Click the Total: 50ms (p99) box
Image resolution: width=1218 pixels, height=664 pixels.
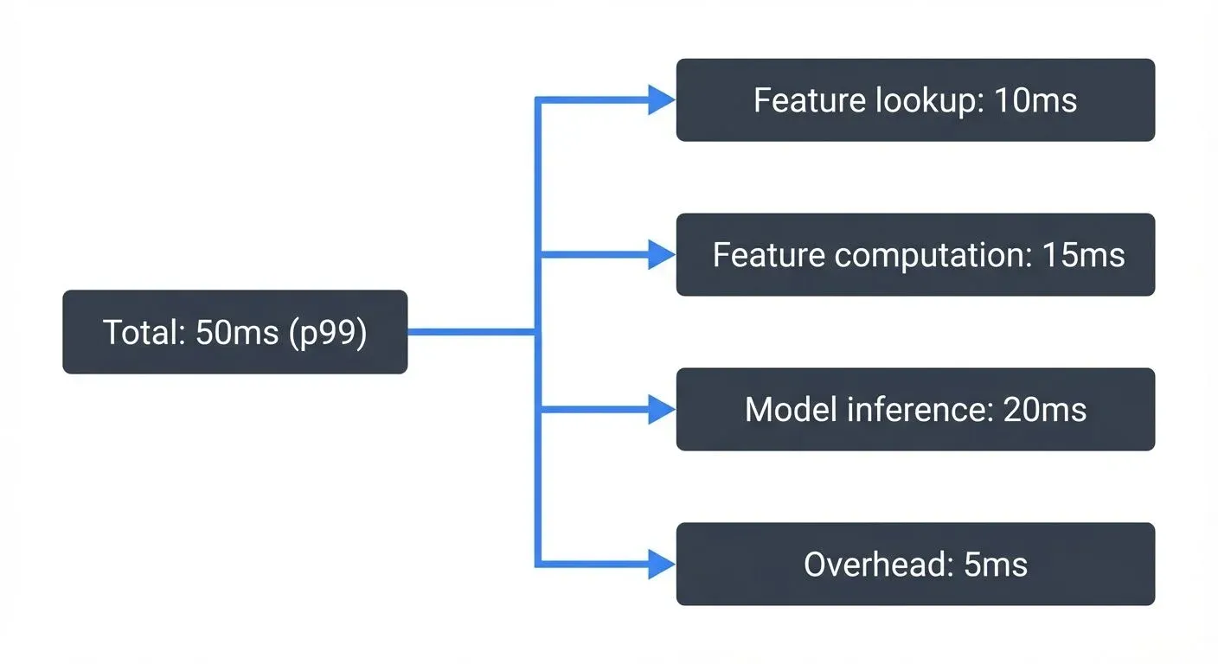tap(234, 332)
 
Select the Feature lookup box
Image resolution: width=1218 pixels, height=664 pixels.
tap(915, 100)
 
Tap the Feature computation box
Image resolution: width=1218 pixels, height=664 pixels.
tap(915, 255)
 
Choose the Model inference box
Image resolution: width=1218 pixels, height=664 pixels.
tap(915, 410)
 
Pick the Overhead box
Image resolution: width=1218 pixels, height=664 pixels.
tap(915, 565)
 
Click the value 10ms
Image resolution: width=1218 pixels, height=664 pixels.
tap(1035, 100)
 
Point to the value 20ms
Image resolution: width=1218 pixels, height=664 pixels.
tap(1044, 410)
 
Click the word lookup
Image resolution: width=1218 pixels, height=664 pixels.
tap(928, 101)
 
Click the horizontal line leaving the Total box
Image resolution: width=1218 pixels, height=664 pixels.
tap(471, 332)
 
